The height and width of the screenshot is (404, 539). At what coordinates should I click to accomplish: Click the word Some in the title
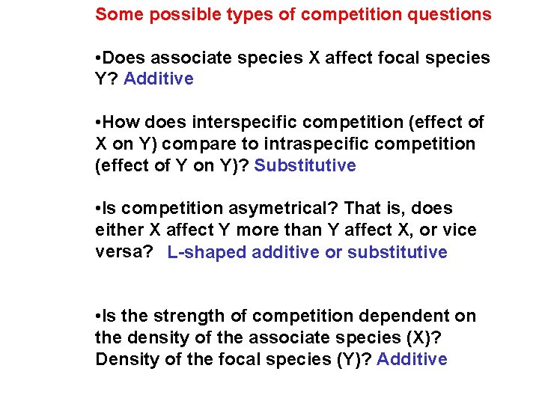(x=117, y=14)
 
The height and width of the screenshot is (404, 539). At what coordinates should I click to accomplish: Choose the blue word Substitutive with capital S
(x=305, y=166)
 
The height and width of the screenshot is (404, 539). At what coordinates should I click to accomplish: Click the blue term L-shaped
(x=207, y=253)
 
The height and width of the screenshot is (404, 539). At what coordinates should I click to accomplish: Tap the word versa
(x=120, y=253)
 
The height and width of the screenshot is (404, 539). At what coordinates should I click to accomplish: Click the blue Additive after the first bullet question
(x=159, y=79)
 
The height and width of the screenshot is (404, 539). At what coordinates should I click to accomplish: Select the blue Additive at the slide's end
(x=412, y=360)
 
